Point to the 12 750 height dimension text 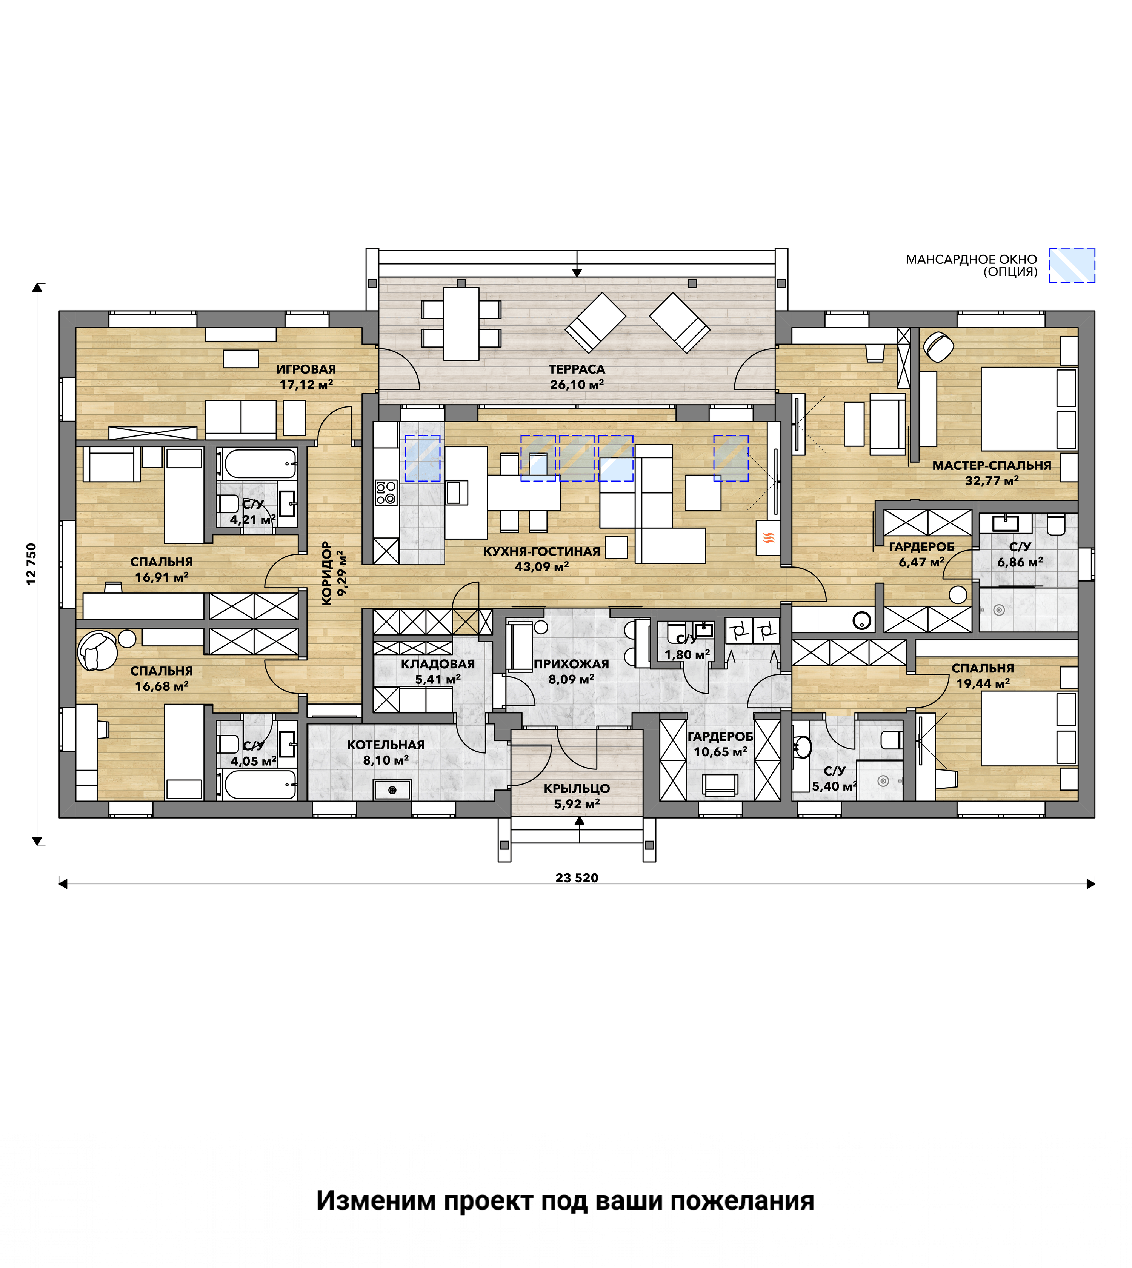(x=31, y=564)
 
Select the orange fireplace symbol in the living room (x=769, y=537)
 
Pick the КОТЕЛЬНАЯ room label (x=386, y=744)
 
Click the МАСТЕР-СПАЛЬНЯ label (x=991, y=465)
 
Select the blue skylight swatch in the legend (x=1072, y=265)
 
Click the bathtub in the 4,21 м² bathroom (x=260, y=463)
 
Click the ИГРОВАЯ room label (x=306, y=369)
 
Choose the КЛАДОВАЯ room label (x=438, y=664)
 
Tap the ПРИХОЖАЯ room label (x=571, y=664)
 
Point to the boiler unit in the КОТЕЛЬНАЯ (x=392, y=789)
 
